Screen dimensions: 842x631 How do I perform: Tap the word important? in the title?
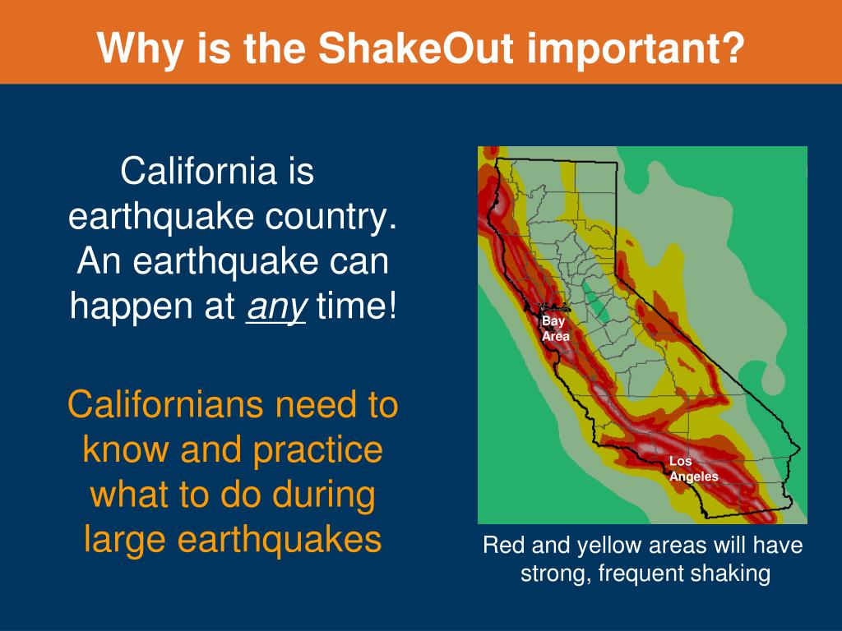(636, 49)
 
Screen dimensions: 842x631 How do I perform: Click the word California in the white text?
(198, 171)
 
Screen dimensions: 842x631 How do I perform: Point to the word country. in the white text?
(331, 218)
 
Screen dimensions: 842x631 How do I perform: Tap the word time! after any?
(357, 306)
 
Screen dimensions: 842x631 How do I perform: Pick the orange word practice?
(318, 451)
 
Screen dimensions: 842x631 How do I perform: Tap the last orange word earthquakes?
(280, 539)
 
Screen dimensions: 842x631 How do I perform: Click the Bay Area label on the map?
(555, 329)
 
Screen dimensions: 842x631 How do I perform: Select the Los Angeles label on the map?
(693, 469)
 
